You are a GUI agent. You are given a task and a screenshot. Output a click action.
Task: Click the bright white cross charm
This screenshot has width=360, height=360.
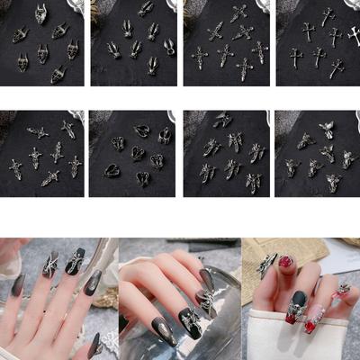coord(355,36)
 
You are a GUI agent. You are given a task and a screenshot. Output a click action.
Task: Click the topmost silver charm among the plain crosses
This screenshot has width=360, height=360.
coord(328,15)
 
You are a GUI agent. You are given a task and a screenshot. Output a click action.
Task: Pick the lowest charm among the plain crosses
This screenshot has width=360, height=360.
coord(337,67)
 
